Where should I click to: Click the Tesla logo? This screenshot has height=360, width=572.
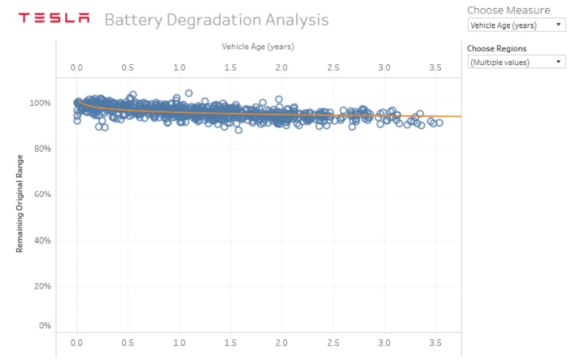coord(54,18)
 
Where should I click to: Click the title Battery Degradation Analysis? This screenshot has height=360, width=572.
coord(216,19)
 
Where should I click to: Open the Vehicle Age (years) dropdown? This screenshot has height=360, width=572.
coord(516,25)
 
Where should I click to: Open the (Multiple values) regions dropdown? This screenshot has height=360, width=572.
coord(516,61)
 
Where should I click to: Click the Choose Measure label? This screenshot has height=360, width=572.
coord(508,10)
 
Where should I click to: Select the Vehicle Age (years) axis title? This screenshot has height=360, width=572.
coord(257,48)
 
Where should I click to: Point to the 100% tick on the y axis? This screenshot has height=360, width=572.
coord(41,103)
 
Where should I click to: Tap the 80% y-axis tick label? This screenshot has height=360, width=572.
coord(42,149)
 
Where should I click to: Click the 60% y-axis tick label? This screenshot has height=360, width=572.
coord(42,195)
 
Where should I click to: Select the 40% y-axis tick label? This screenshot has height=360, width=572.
coord(42,240)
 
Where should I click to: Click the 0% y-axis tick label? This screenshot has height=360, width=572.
coord(44,326)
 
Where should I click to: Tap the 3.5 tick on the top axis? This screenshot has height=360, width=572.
coord(435,68)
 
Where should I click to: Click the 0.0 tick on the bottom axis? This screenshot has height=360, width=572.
coord(77,343)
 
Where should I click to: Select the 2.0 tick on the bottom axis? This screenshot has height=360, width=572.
coord(282,343)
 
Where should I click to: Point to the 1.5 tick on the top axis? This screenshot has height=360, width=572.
coord(230,68)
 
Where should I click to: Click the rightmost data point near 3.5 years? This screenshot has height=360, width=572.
coord(439,122)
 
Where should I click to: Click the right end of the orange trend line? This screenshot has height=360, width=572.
coord(459,117)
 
